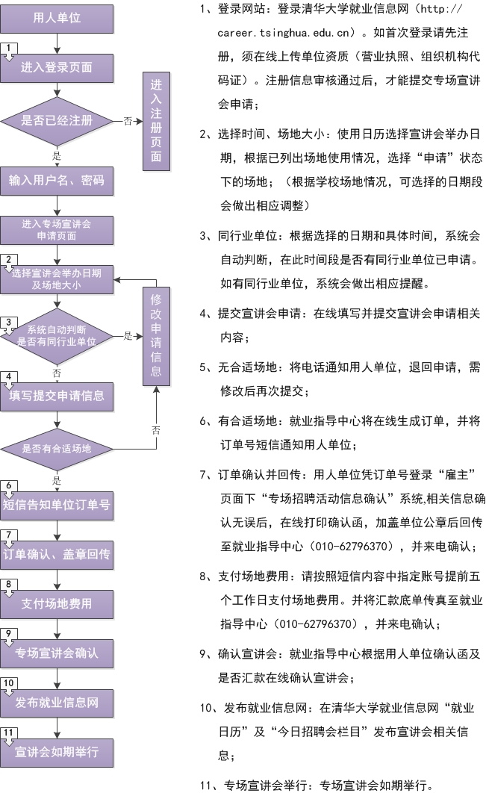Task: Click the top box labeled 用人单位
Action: coord(57,18)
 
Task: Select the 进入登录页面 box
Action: coord(57,68)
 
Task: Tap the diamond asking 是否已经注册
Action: coord(57,120)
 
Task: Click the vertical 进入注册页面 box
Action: coord(156,121)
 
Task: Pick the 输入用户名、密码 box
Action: coord(57,181)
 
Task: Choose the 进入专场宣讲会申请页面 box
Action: coord(57,230)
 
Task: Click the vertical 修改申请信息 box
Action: coord(156,336)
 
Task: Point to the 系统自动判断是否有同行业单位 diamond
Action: coord(57,336)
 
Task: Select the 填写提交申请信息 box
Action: coord(57,396)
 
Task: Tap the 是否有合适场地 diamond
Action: coord(57,449)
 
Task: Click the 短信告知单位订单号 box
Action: coord(57,506)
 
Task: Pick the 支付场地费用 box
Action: coord(57,604)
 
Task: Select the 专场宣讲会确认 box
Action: coord(57,653)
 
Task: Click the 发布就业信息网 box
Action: coord(57,703)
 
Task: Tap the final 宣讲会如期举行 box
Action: coord(57,752)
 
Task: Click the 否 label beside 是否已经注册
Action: coord(128,121)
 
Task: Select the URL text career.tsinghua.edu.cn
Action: coord(283,34)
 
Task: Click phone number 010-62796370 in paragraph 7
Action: coord(351,547)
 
